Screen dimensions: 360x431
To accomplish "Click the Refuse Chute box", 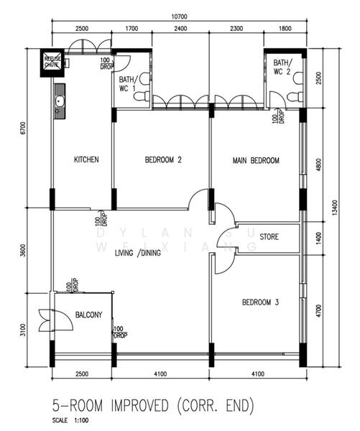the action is tap(52, 63).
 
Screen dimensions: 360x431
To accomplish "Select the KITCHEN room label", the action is tap(86, 159).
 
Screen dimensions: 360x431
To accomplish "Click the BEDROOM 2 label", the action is tap(163, 159).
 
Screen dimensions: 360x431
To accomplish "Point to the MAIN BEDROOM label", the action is tap(256, 160).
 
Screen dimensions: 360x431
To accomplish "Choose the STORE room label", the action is tap(269, 236).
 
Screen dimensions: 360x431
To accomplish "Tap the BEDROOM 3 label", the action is tap(260, 302).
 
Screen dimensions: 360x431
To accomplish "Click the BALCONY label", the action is tap(88, 315).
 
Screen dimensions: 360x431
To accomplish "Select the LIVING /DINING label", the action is tap(138, 253).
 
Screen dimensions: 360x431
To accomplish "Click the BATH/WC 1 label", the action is tap(127, 84).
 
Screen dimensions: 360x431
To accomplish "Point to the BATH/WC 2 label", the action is tap(282, 67).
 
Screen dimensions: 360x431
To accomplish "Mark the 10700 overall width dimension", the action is tap(180, 17).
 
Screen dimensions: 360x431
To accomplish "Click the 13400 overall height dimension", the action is tap(334, 208).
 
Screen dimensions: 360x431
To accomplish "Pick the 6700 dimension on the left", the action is tap(23, 128).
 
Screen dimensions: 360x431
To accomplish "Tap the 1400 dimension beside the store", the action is tap(318, 238).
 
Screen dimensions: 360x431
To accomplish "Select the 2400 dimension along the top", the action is tap(180, 28).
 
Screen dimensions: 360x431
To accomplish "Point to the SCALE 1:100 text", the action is tap(70, 420).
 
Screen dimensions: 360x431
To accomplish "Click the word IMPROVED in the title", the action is tap(139, 407).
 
